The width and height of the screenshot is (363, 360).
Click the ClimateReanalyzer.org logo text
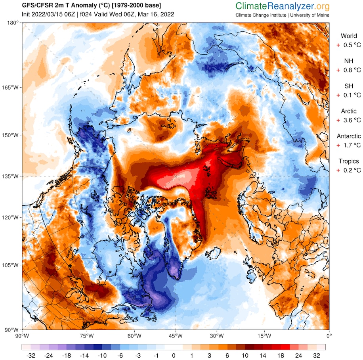point(282,6)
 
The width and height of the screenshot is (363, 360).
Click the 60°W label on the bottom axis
point(134,336)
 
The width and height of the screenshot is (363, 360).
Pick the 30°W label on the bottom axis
point(217,336)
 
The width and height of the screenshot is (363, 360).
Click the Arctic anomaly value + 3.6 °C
point(349,120)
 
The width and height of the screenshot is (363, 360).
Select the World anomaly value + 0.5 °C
point(349,45)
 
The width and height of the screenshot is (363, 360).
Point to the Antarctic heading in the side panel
point(349,136)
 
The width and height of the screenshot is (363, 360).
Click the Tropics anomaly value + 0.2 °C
point(349,170)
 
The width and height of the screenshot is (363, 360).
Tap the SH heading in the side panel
point(349,86)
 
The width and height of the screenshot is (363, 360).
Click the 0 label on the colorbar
point(174,356)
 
